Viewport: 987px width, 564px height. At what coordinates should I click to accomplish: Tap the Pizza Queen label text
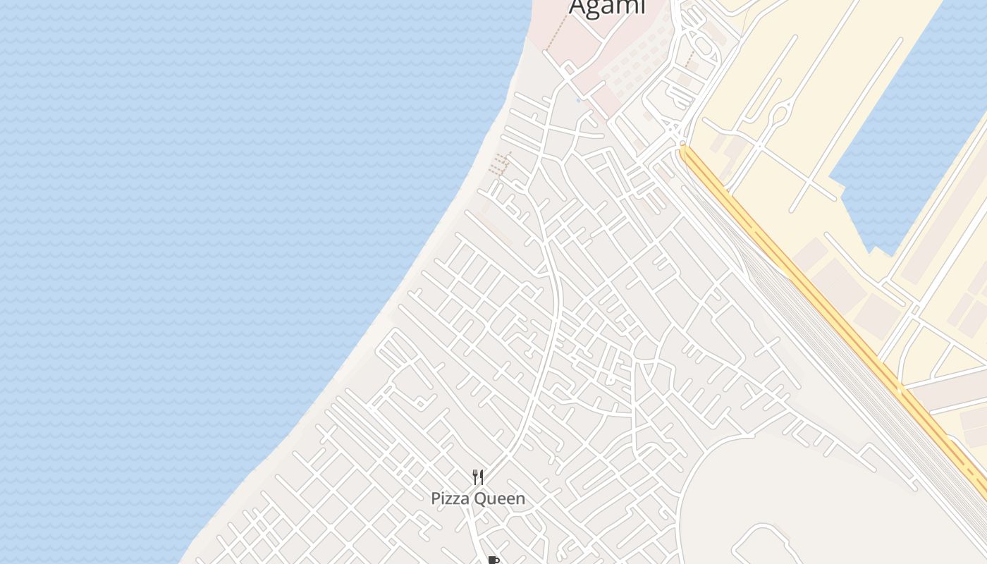(478, 498)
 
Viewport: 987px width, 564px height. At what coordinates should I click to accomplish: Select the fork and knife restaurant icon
(478, 477)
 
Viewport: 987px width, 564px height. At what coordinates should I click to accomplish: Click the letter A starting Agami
(578, 7)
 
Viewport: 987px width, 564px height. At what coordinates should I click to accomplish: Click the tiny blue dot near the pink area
(579, 100)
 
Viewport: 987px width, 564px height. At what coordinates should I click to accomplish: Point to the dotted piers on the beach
(499, 164)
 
